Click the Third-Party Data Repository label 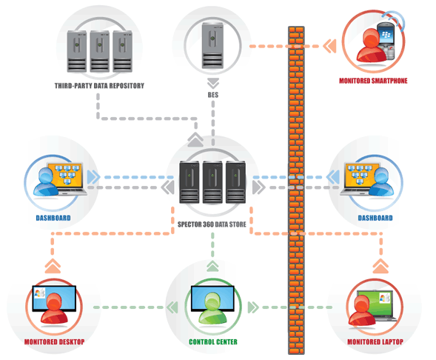pyautogui.click(x=99, y=86)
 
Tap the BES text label pyautogui.click(x=213, y=95)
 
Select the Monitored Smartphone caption pyautogui.click(x=373, y=81)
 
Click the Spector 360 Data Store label pyautogui.click(x=212, y=224)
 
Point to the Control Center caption pyautogui.click(x=213, y=342)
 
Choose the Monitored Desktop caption pyautogui.click(x=54, y=342)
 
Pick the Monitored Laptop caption pyautogui.click(x=375, y=342)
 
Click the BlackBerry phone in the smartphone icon pyautogui.click(x=386, y=41)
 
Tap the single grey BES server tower pyautogui.click(x=212, y=45)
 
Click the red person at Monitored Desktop pyautogui.click(x=54, y=308)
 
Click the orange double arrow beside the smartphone pyautogui.click(x=330, y=46)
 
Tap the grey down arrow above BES pyautogui.click(x=213, y=84)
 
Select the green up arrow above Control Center pyautogui.click(x=212, y=266)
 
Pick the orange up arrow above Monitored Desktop pyautogui.click(x=53, y=266)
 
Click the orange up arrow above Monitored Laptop pyautogui.click(x=380, y=266)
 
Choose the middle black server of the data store pyautogui.click(x=212, y=182)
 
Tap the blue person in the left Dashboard pyautogui.click(x=46, y=182)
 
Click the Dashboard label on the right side pyautogui.click(x=375, y=218)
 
